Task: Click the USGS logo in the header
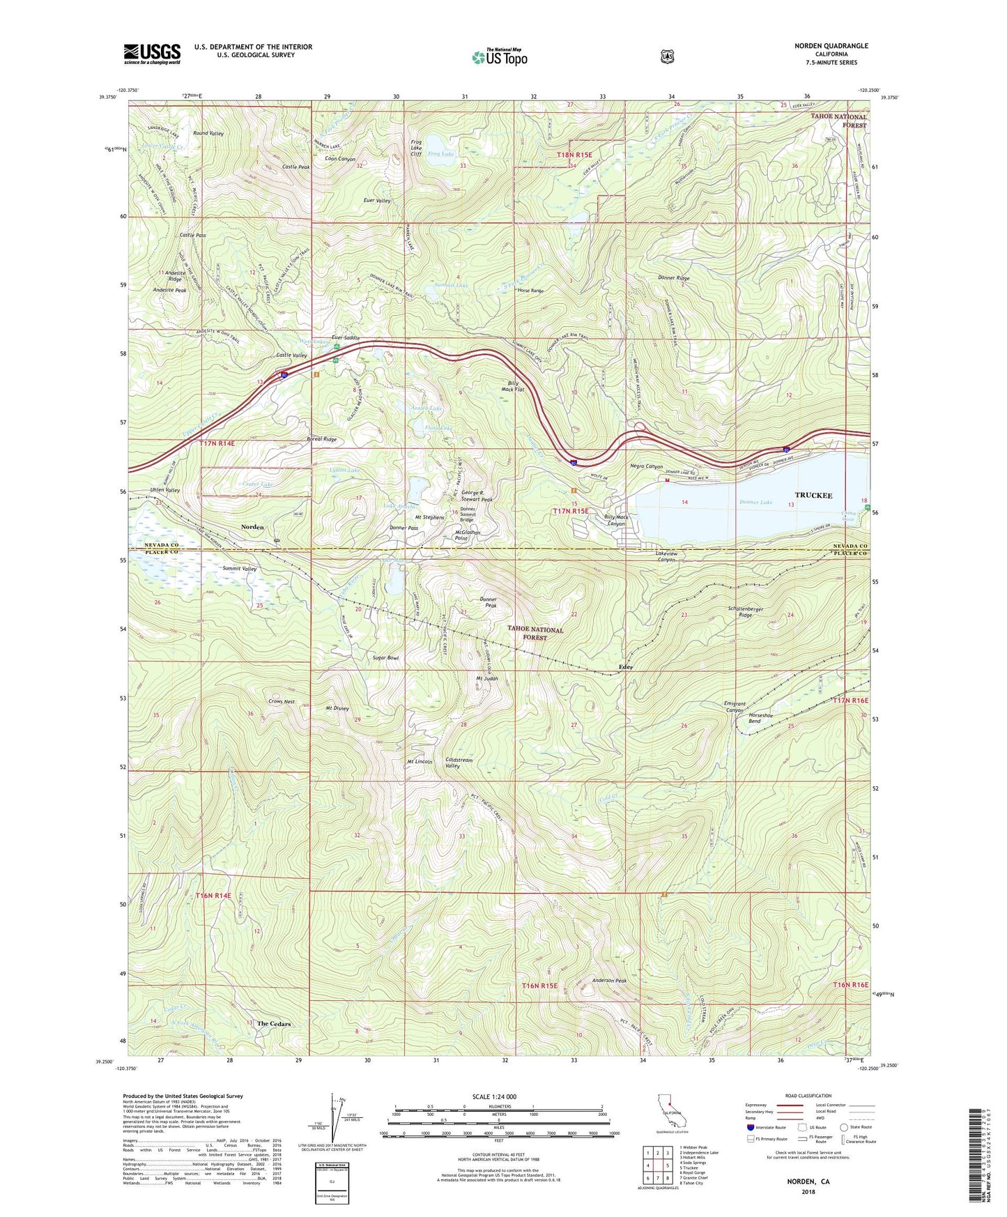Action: point(152,54)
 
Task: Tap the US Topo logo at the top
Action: point(499,57)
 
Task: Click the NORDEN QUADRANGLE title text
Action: point(831,46)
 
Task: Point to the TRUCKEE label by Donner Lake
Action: point(813,496)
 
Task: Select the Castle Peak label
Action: point(296,167)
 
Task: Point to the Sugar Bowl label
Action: point(385,657)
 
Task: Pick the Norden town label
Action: point(252,527)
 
